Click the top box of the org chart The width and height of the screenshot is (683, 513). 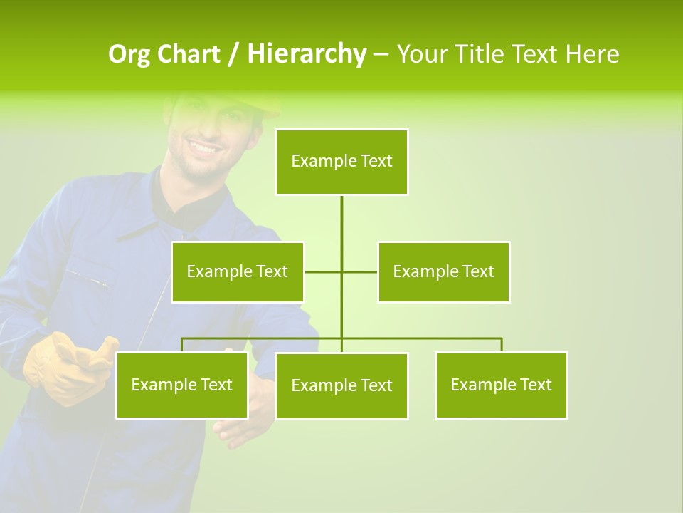tap(341, 162)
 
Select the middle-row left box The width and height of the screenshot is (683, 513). tap(238, 271)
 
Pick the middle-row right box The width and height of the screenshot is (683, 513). tap(443, 271)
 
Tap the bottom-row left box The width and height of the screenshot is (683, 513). tap(181, 385)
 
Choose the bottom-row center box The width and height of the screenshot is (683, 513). tap(341, 385)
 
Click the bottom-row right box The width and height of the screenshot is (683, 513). tap(501, 385)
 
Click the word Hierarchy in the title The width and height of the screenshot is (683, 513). tap(307, 54)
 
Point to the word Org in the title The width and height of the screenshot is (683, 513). tap(129, 54)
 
